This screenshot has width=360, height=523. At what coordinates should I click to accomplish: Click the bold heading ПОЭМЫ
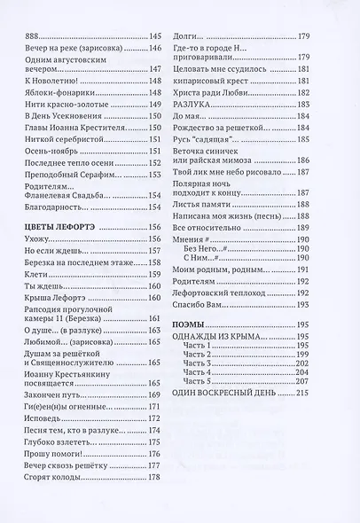click(x=213, y=324)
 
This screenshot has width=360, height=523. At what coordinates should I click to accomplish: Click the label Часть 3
click(x=221, y=362)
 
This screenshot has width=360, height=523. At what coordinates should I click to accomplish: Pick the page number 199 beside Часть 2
click(x=327, y=352)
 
